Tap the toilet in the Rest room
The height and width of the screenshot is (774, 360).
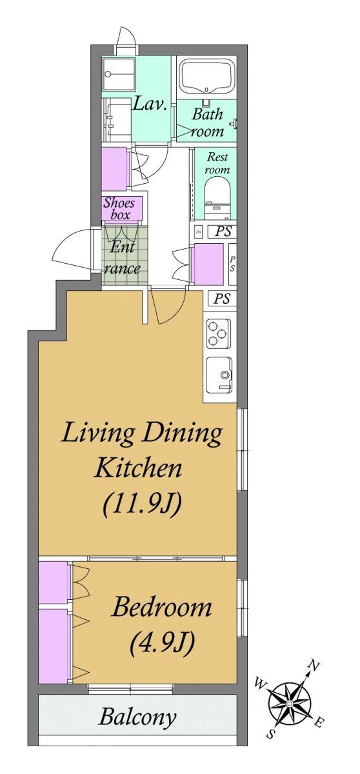[217, 198]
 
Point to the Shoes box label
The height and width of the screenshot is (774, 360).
[120, 208]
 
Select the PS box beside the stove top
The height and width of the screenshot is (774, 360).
[222, 298]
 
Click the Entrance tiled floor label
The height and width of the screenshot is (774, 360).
[121, 258]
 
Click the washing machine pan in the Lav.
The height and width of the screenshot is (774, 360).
[118, 74]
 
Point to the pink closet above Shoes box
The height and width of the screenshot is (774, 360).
[114, 168]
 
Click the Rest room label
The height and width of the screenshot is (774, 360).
[217, 163]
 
